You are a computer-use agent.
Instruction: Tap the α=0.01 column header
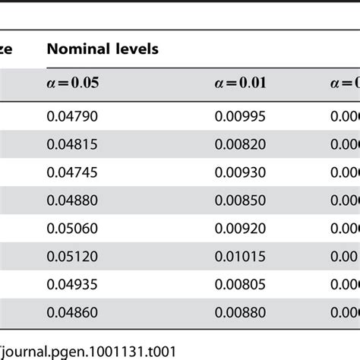point(241,83)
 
